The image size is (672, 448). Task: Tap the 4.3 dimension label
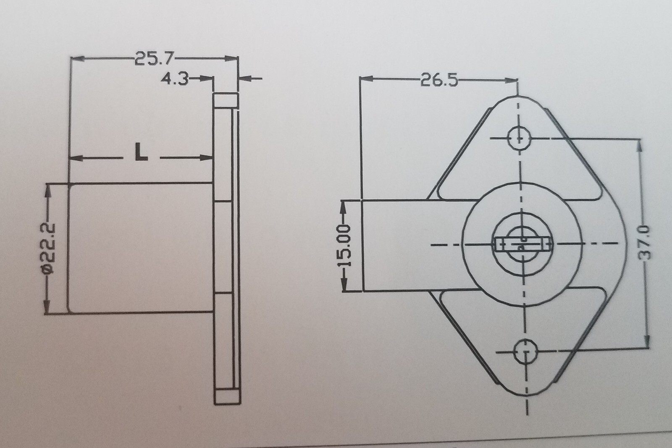pos(175,79)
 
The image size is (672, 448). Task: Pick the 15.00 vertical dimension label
pos(345,246)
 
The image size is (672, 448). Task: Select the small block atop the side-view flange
pos(226,100)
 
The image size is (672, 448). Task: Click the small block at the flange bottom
pos(227,397)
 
